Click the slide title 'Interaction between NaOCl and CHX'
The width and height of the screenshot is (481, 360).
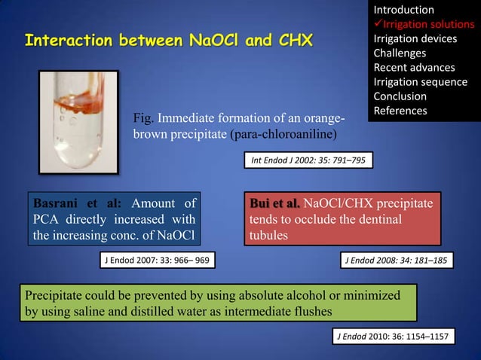click(x=169, y=38)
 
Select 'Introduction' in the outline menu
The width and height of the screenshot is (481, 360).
click(x=403, y=10)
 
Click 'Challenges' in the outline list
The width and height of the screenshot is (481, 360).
click(x=400, y=53)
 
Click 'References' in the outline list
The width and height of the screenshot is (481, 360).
click(x=400, y=111)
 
